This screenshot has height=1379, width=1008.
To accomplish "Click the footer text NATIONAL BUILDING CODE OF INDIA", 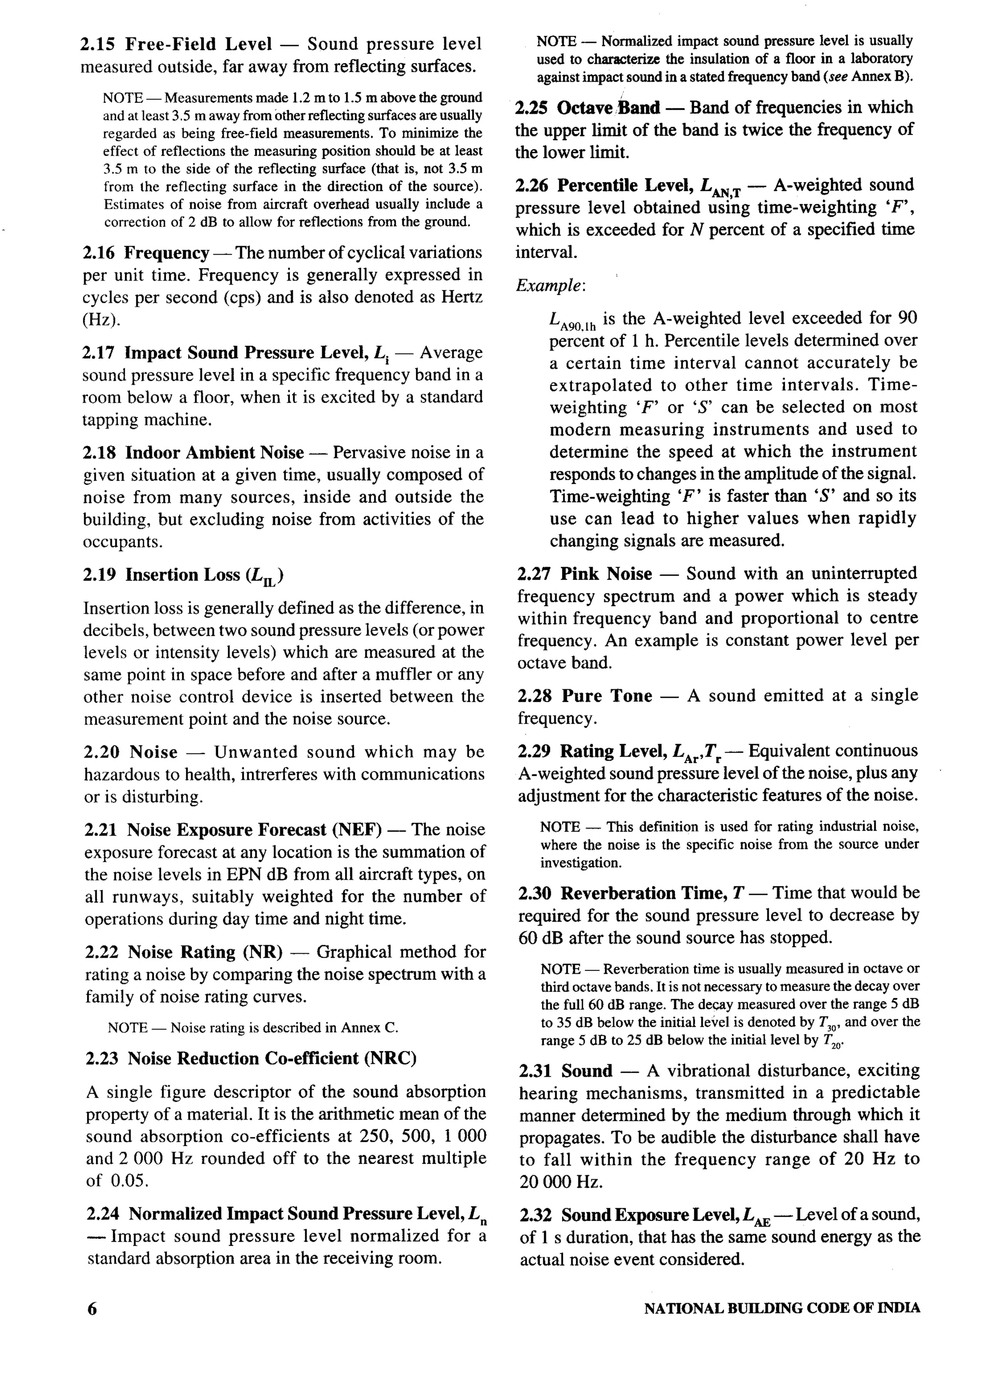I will pos(782,1308).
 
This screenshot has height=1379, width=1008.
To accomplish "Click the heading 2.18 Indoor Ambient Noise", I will pos(194,453).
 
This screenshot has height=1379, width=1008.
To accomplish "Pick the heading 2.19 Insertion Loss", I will pos(184,576).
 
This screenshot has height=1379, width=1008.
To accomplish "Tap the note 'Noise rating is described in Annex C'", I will pos(252,1027).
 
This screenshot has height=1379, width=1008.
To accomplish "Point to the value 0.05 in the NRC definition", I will pos(129,1180).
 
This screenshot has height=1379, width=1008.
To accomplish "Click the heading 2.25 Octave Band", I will pos(588,108).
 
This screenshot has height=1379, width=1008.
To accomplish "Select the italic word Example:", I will pos(550,286).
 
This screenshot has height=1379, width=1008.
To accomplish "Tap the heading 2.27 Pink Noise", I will pos(585,574).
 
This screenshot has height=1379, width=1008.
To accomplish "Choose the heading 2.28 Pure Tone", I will pos(585,696).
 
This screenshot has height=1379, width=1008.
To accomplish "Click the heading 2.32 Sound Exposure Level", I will pos(645,1215).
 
